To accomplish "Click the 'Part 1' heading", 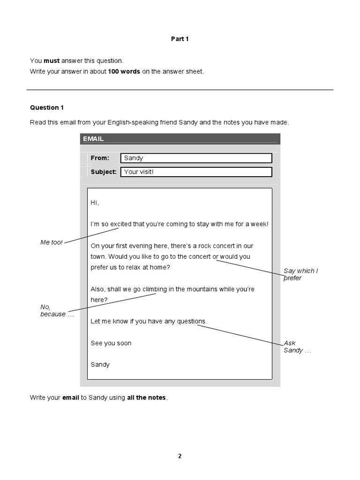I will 180,39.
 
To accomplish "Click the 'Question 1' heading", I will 47,107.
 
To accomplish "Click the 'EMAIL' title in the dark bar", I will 93,139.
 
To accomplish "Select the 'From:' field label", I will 100,158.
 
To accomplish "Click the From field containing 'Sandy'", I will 196,158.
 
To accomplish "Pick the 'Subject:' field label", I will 104,172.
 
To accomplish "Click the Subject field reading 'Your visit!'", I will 196,172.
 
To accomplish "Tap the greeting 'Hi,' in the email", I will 95,202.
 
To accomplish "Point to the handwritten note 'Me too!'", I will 51,242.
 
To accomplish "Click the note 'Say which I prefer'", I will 300,274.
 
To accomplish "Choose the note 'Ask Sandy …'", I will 297,347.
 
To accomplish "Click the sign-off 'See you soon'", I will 111,343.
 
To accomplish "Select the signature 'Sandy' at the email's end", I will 100,364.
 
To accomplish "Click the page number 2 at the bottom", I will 180,457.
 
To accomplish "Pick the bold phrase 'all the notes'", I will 146,397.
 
